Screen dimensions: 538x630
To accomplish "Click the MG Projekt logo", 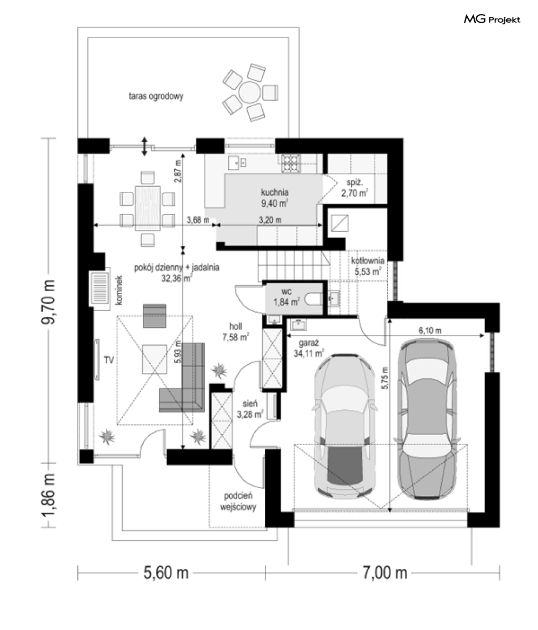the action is [x=492, y=19].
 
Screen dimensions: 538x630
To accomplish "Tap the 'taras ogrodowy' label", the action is [x=156, y=96].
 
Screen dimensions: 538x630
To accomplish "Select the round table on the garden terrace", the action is [x=249, y=92].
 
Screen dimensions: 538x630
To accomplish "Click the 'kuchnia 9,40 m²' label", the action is [x=275, y=198].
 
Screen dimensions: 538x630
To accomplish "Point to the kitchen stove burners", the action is [x=291, y=163].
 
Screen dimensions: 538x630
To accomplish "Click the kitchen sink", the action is [x=237, y=163].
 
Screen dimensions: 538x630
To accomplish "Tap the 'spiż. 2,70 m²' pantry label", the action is [x=355, y=188].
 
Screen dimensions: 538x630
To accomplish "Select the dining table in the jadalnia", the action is [x=148, y=208].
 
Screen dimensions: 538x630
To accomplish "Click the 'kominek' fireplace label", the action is [x=119, y=290].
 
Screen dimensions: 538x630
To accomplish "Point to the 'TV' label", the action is [x=109, y=360].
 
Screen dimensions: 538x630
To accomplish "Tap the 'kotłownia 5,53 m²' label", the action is [x=368, y=266].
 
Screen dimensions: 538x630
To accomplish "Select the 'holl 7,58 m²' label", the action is [x=236, y=332].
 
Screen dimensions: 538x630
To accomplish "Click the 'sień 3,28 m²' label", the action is [x=250, y=409].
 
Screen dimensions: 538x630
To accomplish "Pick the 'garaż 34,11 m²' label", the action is [x=308, y=349].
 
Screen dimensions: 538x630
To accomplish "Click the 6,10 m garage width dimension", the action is [x=430, y=331].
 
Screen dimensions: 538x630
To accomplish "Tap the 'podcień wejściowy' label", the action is [x=238, y=501].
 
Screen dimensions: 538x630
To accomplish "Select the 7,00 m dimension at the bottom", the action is [x=384, y=573].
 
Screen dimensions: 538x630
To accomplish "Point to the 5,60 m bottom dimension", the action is [x=166, y=573].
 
